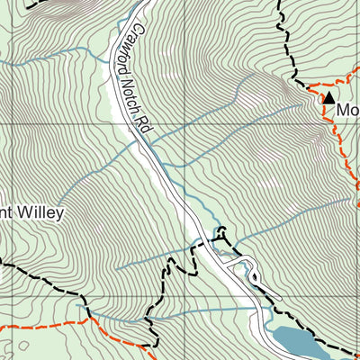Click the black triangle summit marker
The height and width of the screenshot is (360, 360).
(329, 96)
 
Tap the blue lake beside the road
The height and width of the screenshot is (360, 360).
(297, 340)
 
